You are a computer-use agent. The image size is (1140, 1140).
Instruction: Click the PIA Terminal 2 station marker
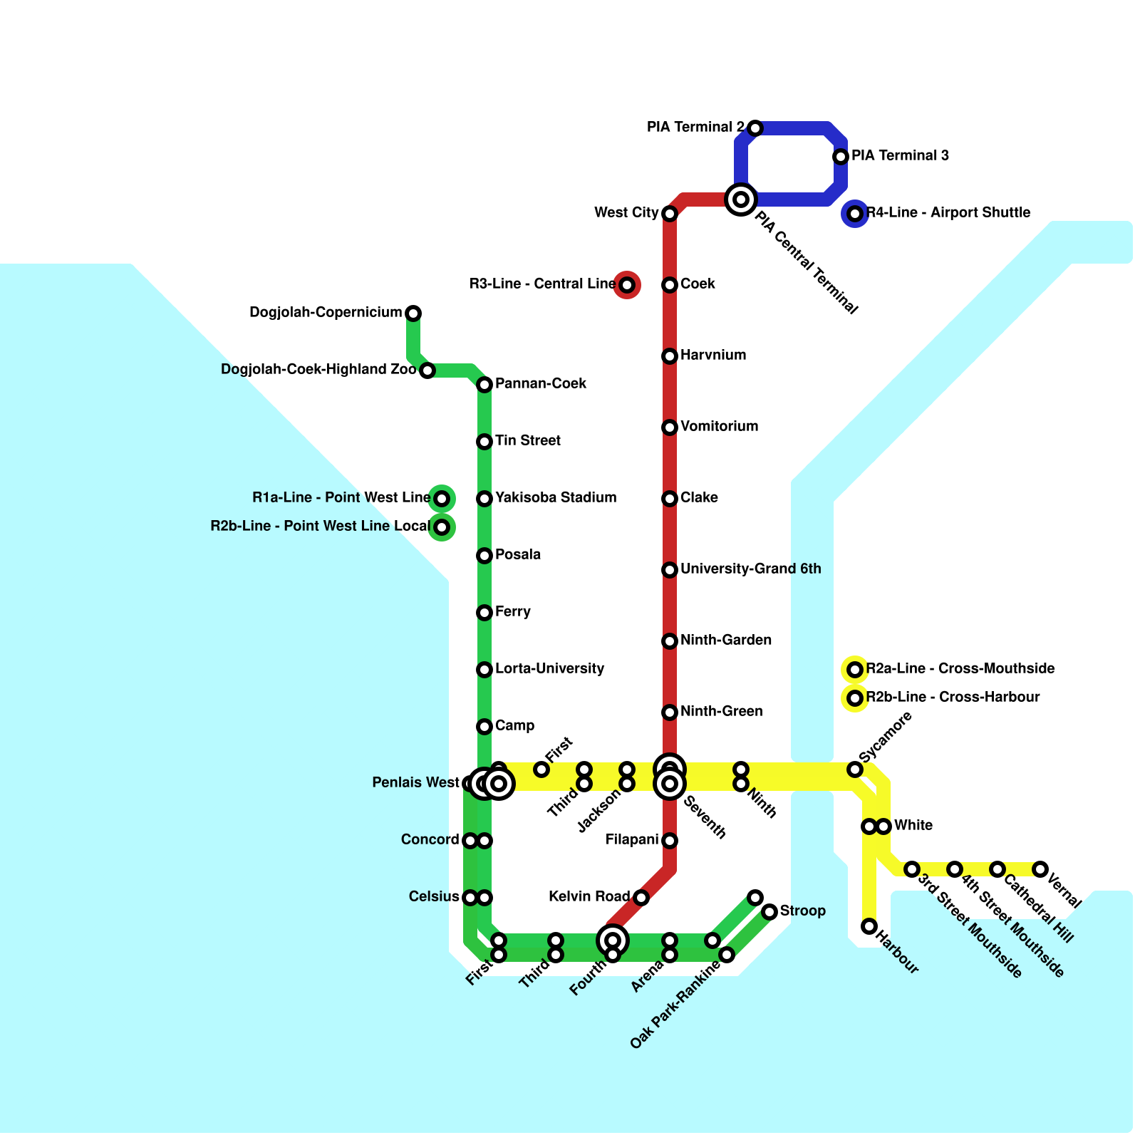click(755, 128)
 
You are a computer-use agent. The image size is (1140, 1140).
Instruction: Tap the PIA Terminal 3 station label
click(900, 155)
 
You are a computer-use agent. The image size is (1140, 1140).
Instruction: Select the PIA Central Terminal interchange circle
click(741, 199)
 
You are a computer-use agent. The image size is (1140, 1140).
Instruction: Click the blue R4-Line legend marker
click(855, 214)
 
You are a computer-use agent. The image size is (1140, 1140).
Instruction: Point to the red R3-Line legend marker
click(627, 285)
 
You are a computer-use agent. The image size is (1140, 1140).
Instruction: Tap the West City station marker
click(670, 214)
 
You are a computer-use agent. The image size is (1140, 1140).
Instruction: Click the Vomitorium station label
click(719, 426)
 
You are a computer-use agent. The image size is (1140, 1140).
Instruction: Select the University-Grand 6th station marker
click(670, 570)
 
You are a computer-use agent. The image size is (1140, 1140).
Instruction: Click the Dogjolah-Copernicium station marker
click(413, 313)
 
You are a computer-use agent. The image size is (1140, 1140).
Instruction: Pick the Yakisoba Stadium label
click(556, 497)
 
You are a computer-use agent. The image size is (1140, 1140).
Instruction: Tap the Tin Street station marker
click(484, 442)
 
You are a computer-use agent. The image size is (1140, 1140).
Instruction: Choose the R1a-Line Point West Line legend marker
click(442, 499)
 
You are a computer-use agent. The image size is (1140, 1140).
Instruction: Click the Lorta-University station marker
click(484, 670)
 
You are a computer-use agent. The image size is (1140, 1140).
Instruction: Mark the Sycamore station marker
click(855, 769)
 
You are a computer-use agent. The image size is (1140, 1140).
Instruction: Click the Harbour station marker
click(869, 926)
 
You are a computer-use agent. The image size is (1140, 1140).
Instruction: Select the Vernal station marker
click(1040, 869)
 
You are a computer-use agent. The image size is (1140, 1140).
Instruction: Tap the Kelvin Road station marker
click(641, 898)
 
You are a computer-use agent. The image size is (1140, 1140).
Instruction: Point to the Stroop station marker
click(769, 912)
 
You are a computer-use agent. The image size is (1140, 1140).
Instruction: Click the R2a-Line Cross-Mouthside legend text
click(960, 668)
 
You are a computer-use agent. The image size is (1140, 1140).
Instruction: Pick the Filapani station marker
click(670, 841)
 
